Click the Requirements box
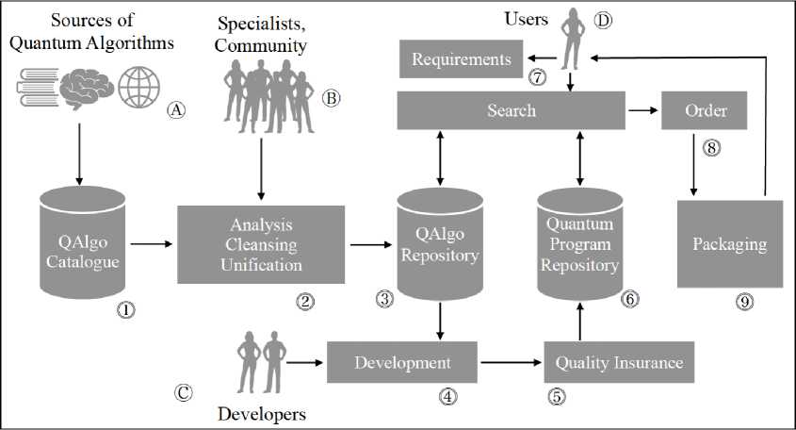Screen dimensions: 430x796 click(x=461, y=60)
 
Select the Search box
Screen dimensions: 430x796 click(x=512, y=110)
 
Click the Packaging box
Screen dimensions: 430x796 click(x=729, y=243)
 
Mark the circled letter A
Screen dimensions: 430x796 click(x=174, y=108)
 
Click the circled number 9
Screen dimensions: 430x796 click(x=745, y=301)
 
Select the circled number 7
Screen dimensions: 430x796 click(x=537, y=78)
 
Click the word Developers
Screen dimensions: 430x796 click(x=262, y=413)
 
